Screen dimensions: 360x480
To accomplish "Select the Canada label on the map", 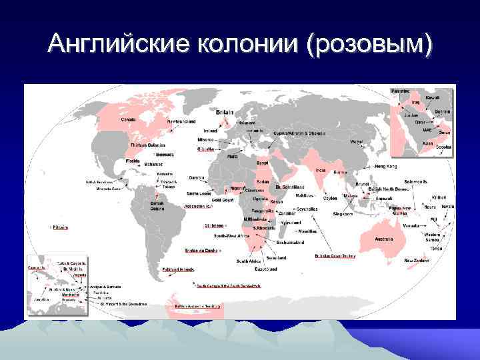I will click(128, 120).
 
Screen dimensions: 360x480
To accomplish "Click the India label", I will click(320, 170).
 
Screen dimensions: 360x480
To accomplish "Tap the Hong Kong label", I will click(389, 165).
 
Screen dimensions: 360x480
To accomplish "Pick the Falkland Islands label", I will click(177, 269).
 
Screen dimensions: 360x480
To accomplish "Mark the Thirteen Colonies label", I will click(148, 145).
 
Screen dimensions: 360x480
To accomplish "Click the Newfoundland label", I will click(181, 122).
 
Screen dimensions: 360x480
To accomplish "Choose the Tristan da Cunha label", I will click(201, 251).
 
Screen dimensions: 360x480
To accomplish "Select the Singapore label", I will click(343, 214).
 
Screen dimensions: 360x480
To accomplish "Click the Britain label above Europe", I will click(225, 113).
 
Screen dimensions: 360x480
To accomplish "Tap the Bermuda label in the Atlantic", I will click(164, 154).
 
